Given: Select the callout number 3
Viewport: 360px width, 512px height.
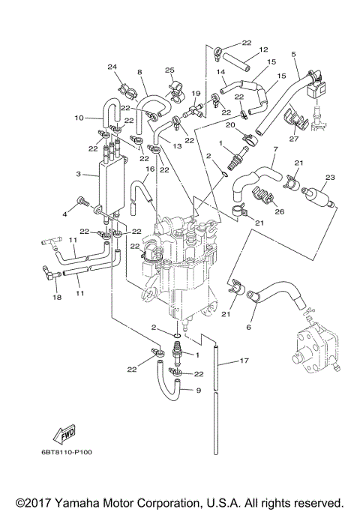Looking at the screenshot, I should coord(79,173).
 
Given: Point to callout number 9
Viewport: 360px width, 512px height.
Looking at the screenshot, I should coord(198,390).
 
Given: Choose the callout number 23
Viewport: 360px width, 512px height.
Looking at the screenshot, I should coord(328,178).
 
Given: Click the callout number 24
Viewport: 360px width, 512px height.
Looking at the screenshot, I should coord(113,67).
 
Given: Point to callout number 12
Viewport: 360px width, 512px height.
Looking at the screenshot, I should coord(263,50).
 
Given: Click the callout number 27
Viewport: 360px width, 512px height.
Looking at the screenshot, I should coord(293,138).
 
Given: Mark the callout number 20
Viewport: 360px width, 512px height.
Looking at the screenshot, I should coord(231,124).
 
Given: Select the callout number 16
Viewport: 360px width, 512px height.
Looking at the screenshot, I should coord(149,170).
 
